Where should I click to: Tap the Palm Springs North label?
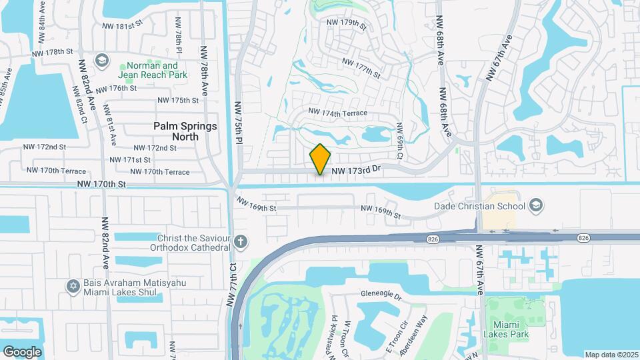pyautogui.click(x=185, y=131)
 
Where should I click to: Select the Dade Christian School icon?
pyautogui.click(x=535, y=206)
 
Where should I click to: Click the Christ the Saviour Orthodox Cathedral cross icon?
pyautogui.click(x=241, y=240)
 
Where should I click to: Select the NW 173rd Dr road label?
pyautogui.click(x=355, y=171)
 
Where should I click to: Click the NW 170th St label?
pyautogui.click(x=101, y=184)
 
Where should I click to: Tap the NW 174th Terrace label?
pyautogui.click(x=337, y=113)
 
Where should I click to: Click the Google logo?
pyautogui.click(x=22, y=351)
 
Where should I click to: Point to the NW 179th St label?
pyautogui.click(x=347, y=24)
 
